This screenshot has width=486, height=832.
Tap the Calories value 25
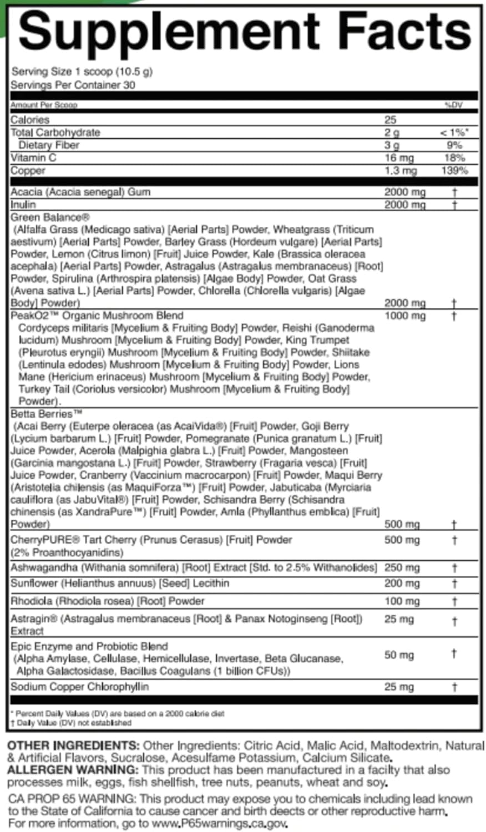click(390, 120)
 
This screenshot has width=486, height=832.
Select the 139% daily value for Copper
click(454, 170)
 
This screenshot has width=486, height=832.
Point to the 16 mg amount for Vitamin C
click(398, 158)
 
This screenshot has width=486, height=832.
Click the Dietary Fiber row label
click(49, 145)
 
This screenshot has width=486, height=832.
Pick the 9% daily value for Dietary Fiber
click(454, 145)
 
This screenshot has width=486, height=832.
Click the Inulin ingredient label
click(23, 205)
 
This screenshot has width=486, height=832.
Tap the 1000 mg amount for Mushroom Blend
click(404, 316)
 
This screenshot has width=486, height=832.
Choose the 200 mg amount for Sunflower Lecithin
click(402, 584)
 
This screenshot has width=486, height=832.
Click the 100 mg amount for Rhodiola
click(402, 601)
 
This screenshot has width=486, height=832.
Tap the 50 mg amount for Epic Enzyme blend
click(399, 655)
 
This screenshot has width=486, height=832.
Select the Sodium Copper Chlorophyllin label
click(80, 687)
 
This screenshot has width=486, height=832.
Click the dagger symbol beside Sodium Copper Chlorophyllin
click(454, 687)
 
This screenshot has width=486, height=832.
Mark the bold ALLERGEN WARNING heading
click(73, 770)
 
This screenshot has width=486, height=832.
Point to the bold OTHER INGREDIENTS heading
click(74, 745)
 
